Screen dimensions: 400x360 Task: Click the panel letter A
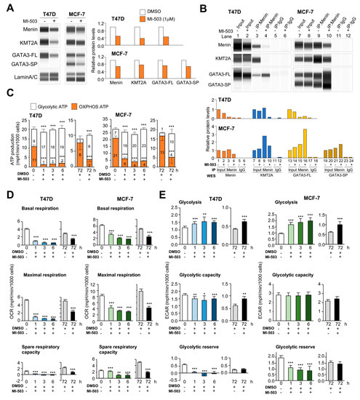click(5, 5)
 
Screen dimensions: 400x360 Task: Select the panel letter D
click(5, 195)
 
